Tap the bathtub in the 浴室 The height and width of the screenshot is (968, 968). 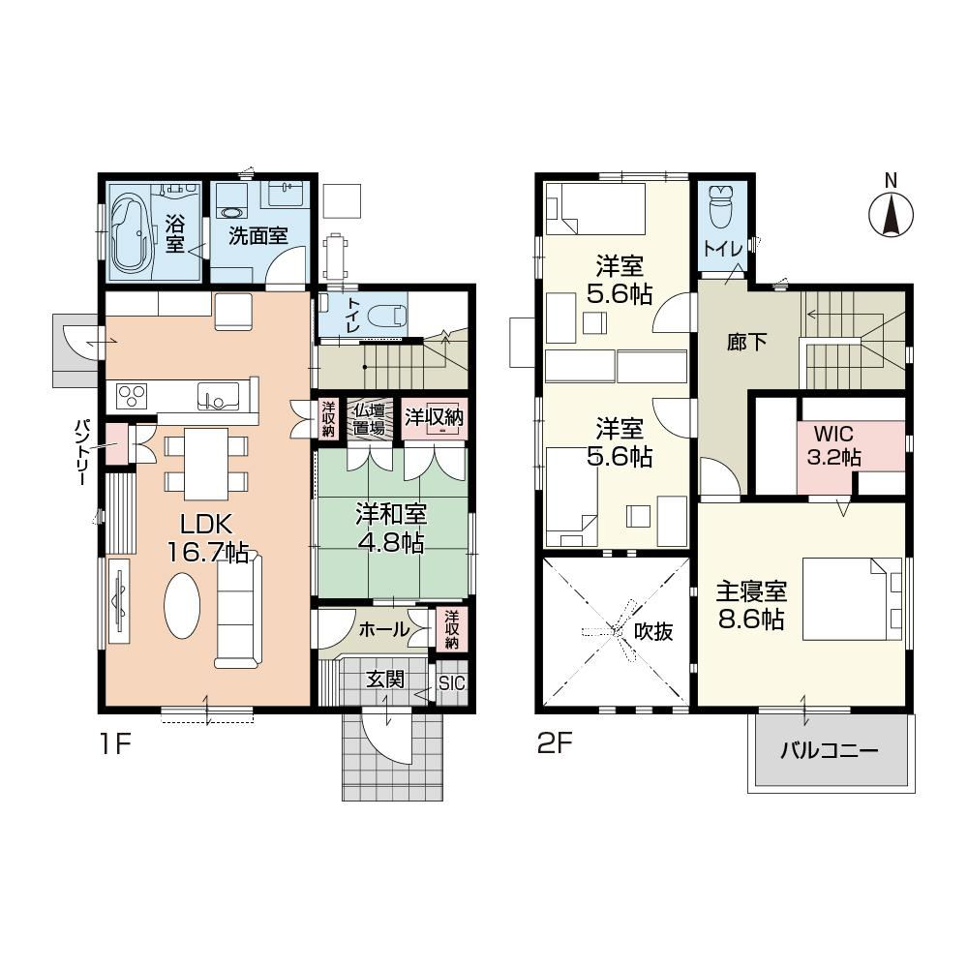pyautogui.click(x=132, y=232)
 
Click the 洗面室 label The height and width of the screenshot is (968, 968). pyautogui.click(x=258, y=235)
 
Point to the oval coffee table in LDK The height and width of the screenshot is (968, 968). pyautogui.click(x=182, y=606)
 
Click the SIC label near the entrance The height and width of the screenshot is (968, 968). pyautogui.click(x=451, y=682)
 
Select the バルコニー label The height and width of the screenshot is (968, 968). pyautogui.click(x=830, y=751)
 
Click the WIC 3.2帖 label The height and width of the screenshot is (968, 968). pyautogui.click(x=834, y=444)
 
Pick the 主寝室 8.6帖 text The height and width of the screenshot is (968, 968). pyautogui.click(x=751, y=604)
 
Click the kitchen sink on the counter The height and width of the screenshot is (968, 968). pyautogui.click(x=218, y=395)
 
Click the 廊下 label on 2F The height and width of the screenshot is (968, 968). pyautogui.click(x=746, y=342)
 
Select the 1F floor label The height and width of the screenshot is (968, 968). pyautogui.click(x=115, y=743)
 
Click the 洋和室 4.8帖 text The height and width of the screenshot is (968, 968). pyautogui.click(x=391, y=529)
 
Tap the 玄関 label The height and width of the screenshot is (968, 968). pyautogui.click(x=385, y=680)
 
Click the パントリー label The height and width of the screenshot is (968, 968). pyautogui.click(x=82, y=452)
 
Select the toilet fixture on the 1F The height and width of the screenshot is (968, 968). pyautogui.click(x=388, y=316)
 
